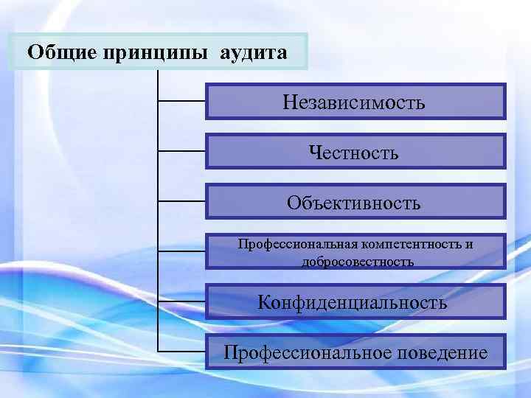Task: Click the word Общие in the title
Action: pyautogui.click(x=59, y=53)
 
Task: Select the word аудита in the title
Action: pyautogui.click(x=252, y=53)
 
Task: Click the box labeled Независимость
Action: pyautogui.click(x=355, y=102)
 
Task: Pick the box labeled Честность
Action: pyautogui.click(x=355, y=152)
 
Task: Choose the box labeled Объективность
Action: pyautogui.click(x=355, y=202)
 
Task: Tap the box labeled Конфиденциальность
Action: pyautogui.click(x=355, y=302)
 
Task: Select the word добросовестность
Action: pyautogui.click(x=357, y=261)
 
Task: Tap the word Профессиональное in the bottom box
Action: pyautogui.click(x=309, y=352)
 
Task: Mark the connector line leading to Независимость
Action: pyautogui.click(x=182, y=101)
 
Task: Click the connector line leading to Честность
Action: pyautogui.click(x=182, y=151)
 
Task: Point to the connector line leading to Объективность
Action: pyautogui.click(x=182, y=200)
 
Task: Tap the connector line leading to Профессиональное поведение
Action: pyautogui.click(x=182, y=351)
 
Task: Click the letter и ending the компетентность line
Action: pyautogui.click(x=469, y=244)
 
